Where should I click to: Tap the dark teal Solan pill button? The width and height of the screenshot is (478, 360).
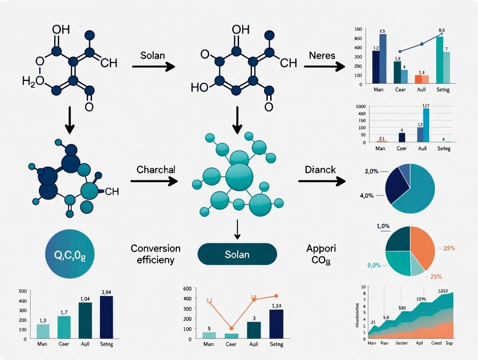[x=237, y=254]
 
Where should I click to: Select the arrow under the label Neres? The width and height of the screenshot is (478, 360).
[x=324, y=67]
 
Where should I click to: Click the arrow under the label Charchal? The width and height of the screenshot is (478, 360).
[x=154, y=182]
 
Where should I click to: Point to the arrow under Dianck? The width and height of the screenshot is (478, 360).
[x=322, y=181]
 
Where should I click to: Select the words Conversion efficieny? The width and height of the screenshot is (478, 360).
[x=155, y=254]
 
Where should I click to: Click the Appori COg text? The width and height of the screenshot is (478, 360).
[x=321, y=254]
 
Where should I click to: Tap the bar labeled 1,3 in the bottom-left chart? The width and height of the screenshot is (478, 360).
[x=43, y=331]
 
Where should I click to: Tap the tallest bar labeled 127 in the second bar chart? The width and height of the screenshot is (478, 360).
[x=426, y=125]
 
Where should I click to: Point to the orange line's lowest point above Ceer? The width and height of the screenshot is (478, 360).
[x=231, y=328]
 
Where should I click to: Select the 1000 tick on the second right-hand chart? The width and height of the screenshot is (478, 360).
[x=361, y=106]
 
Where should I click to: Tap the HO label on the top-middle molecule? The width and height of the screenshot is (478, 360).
[x=200, y=87]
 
